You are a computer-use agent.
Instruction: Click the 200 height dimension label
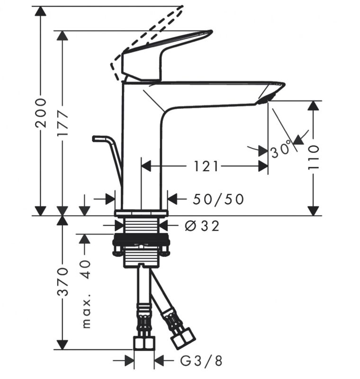[x=42, y=113]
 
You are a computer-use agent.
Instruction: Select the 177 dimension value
[x=63, y=124]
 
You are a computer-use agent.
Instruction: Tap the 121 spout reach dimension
[x=207, y=166]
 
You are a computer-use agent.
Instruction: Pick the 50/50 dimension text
[x=218, y=199]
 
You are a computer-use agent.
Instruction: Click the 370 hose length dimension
[x=63, y=281]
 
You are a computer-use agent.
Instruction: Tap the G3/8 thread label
[x=201, y=361]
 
